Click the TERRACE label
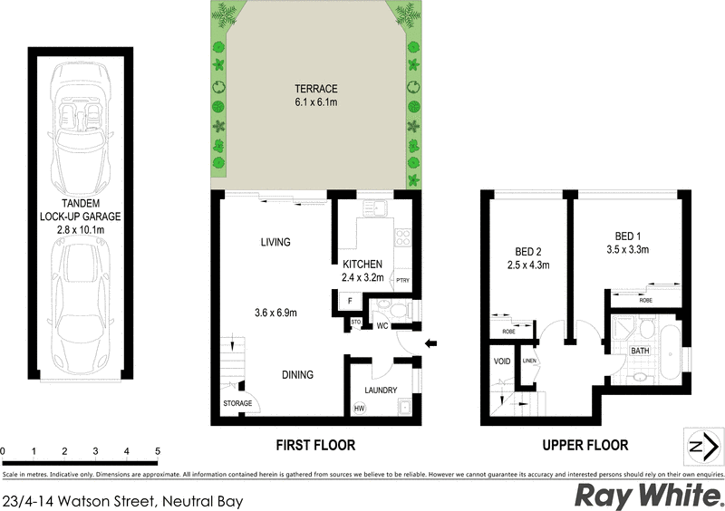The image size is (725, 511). pos(315,89)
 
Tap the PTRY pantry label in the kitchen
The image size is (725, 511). pos(402,280)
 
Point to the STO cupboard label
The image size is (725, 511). pos(356,321)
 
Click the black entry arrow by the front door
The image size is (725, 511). pos(431,342)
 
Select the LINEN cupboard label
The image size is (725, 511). pos(530,362)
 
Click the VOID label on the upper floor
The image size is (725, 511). pos(502,362)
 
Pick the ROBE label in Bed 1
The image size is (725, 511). pos(645,298)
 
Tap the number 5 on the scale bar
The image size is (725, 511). pos(158,451)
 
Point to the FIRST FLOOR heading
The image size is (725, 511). pos(315,445)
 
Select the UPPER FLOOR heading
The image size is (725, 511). pos(585,445)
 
